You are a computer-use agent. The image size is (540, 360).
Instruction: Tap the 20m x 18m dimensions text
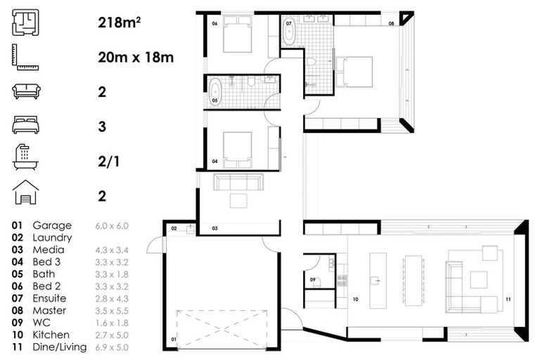coord(136,57)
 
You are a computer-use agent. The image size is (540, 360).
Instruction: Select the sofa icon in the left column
coord(27,91)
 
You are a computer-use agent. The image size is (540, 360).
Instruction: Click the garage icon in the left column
coord(27,192)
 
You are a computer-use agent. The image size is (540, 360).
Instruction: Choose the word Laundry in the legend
coord(52,238)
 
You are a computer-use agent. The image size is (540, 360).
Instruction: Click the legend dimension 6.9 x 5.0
coord(112,347)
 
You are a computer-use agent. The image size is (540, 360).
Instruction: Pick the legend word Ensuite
coord(51,299)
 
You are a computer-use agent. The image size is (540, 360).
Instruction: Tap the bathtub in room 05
coord(216,92)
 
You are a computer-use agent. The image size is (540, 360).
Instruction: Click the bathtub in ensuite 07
coord(289,32)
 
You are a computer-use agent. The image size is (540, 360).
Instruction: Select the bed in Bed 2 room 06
coord(238,36)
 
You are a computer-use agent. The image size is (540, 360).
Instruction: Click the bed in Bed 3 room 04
coord(238,148)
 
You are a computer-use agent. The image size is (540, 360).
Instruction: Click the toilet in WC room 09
coord(316,283)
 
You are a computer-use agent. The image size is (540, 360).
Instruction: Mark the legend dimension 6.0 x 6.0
coord(112,226)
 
